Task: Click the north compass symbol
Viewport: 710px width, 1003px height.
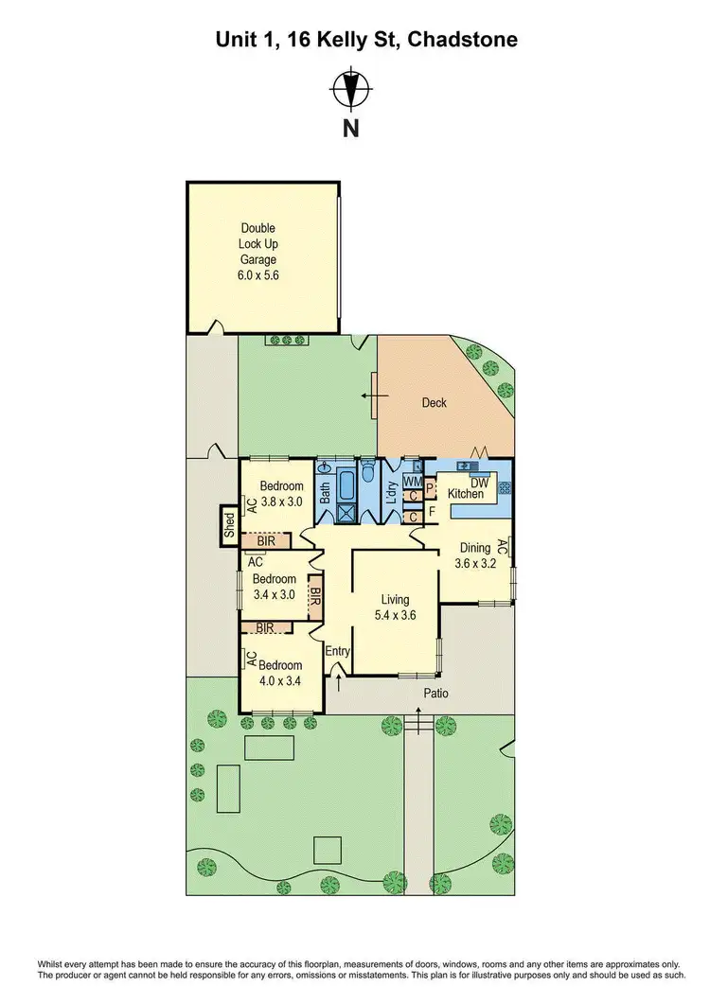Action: pyautogui.click(x=351, y=91)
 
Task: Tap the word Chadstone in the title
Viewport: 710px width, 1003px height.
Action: pyautogui.click(x=463, y=41)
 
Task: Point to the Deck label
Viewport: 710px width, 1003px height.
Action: pyautogui.click(x=434, y=403)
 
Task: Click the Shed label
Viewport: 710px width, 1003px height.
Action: pyautogui.click(x=229, y=525)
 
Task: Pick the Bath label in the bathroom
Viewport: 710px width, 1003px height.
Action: pyautogui.click(x=325, y=492)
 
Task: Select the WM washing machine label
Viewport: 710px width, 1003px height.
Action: pyautogui.click(x=412, y=482)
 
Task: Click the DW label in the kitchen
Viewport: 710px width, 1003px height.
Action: pyautogui.click(x=479, y=484)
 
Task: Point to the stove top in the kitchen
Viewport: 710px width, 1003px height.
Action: pyautogui.click(x=505, y=487)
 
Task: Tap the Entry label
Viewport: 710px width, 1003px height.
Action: pyautogui.click(x=338, y=651)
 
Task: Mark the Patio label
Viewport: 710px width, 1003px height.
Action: pyautogui.click(x=436, y=694)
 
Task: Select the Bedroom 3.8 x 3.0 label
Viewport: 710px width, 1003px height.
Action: pyautogui.click(x=281, y=494)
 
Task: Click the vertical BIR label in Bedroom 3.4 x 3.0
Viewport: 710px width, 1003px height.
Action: pyautogui.click(x=315, y=598)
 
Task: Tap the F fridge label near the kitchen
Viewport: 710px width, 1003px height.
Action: pyautogui.click(x=433, y=511)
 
